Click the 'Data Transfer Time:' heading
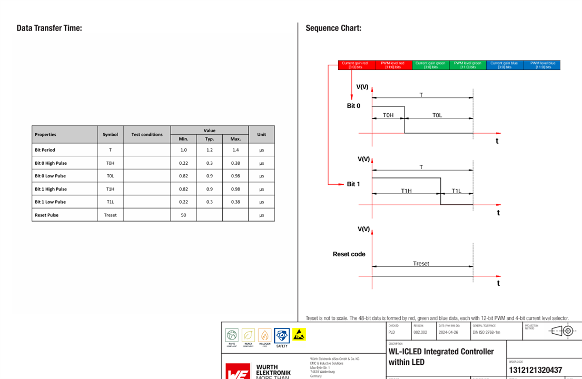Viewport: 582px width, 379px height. pyautogui.click(x=49, y=28)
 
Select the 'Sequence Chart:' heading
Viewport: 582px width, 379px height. pyautogui.click(x=333, y=28)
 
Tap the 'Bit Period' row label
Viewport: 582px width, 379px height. pyautogui.click(x=45, y=150)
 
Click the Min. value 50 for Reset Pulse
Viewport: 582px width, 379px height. pyautogui.click(x=183, y=215)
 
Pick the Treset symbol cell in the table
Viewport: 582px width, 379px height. pyautogui.click(x=110, y=215)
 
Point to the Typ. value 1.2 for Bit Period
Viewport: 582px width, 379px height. pyautogui.click(x=210, y=150)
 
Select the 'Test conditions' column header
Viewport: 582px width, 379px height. pyautogui.click(x=147, y=135)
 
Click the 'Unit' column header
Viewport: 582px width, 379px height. pyautogui.click(x=261, y=135)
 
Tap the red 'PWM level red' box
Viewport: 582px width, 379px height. pyautogui.click(x=392, y=65)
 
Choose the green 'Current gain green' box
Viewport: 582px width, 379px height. pyautogui.click(x=430, y=65)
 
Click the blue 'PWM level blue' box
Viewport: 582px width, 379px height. pyautogui.click(x=542, y=65)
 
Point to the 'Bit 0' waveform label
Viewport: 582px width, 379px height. pyautogui.click(x=353, y=106)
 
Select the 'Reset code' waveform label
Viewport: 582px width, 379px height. pyautogui.click(x=349, y=254)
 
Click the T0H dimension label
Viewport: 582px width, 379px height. pyautogui.click(x=388, y=115)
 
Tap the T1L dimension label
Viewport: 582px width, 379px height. pyautogui.click(x=456, y=191)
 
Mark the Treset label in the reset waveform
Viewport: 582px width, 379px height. pyautogui.click(x=421, y=263)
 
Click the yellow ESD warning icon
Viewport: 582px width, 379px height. pyautogui.click(x=299, y=334)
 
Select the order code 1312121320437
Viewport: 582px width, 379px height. pyautogui.click(x=535, y=370)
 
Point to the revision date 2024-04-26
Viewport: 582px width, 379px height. pyautogui.click(x=448, y=332)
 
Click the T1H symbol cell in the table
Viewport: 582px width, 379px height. pyautogui.click(x=110, y=189)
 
